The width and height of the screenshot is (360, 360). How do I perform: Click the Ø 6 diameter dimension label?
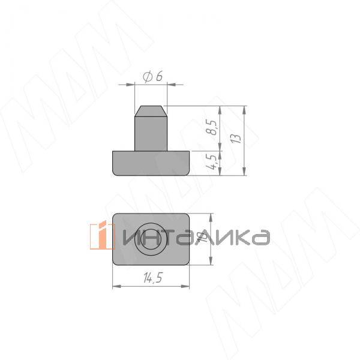pos(154,77)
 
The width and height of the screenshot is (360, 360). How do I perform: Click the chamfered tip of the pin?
pos(150,110)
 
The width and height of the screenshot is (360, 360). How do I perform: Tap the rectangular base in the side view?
pos(151,163)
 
